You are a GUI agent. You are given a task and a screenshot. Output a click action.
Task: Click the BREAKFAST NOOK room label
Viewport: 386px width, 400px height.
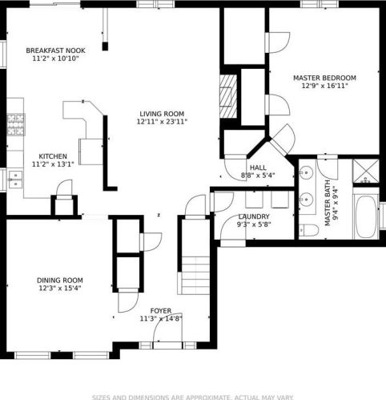(x=55, y=51)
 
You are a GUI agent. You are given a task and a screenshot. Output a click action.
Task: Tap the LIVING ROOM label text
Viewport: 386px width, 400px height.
(x=162, y=114)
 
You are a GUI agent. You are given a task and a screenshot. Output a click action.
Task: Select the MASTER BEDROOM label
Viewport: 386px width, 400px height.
(x=324, y=78)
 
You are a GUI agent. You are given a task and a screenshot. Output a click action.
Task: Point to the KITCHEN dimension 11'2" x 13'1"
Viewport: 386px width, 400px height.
(x=53, y=164)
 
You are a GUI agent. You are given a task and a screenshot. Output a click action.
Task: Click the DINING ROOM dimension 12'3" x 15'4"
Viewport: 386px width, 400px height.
(x=60, y=289)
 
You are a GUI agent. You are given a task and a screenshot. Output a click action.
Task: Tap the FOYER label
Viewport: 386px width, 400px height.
(x=161, y=311)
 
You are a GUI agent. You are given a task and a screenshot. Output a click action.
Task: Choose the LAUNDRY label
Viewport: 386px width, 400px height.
(x=254, y=216)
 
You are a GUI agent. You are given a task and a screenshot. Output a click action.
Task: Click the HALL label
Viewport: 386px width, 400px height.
(x=258, y=168)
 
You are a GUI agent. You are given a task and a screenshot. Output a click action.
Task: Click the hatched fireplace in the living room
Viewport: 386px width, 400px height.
(x=228, y=96)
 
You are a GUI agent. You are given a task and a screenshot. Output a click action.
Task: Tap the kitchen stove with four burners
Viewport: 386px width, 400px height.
(x=16, y=124)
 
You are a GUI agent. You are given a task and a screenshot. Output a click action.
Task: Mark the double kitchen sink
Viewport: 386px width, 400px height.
(x=15, y=180)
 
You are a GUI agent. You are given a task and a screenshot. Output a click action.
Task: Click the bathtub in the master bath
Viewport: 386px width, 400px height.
(x=366, y=216)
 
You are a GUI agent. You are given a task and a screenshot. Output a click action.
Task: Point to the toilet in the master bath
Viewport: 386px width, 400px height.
(x=308, y=230)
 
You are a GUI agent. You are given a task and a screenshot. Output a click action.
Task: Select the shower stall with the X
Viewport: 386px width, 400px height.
(x=366, y=171)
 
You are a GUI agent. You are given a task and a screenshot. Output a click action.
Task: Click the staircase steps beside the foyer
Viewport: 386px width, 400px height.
(x=195, y=276)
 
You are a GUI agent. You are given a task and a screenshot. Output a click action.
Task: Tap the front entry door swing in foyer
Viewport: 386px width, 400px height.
(x=168, y=328)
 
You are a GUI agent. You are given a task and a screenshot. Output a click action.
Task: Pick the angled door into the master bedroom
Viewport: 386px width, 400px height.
(x=283, y=140)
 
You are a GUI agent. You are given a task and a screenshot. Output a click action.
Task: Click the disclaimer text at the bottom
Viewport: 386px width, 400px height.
(x=192, y=398)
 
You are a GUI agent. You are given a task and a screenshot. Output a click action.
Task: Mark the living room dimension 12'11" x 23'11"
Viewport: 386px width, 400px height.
(x=162, y=122)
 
